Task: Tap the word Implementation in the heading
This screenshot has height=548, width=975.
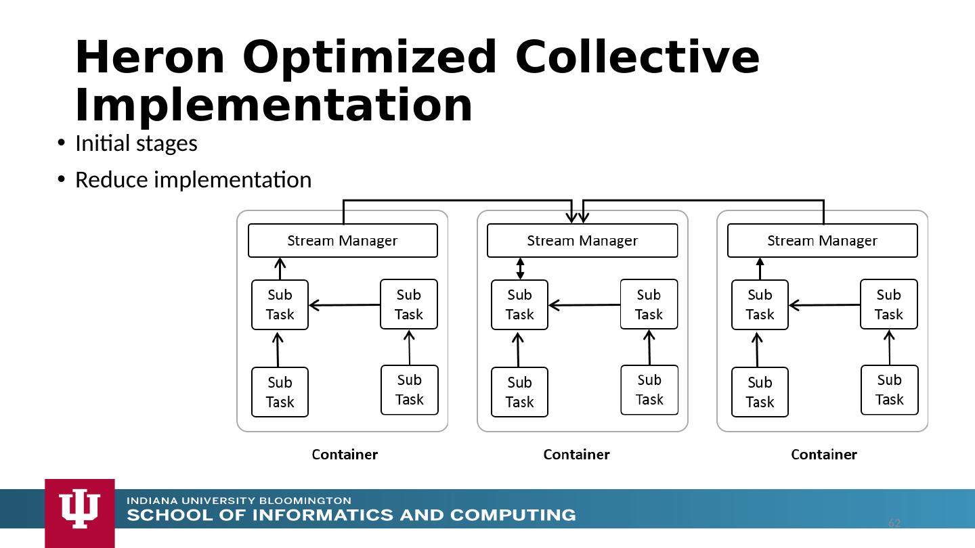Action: (274, 106)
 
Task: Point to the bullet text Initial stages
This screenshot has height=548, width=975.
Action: (136, 143)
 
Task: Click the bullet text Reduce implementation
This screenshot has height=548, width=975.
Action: (193, 180)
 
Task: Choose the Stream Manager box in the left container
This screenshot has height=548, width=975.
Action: (343, 241)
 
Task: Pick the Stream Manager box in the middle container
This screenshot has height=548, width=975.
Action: (582, 241)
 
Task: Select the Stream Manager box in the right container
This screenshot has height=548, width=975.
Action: (823, 241)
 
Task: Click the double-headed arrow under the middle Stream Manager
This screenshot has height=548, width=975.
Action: (520, 269)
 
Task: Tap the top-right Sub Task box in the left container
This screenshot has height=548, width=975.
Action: (409, 304)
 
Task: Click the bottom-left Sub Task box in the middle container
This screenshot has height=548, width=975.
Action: (520, 392)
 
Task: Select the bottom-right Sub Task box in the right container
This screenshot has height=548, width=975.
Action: (890, 390)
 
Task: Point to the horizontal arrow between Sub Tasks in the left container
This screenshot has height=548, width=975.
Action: (344, 305)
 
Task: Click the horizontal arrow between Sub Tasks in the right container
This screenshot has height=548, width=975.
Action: (825, 305)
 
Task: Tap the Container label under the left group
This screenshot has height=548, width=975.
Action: (345, 455)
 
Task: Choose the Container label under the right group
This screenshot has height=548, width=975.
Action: (824, 455)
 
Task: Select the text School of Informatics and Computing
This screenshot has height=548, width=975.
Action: (351, 515)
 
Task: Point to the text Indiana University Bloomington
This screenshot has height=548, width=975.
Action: (239, 501)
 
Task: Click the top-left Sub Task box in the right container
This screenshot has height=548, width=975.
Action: (760, 305)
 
